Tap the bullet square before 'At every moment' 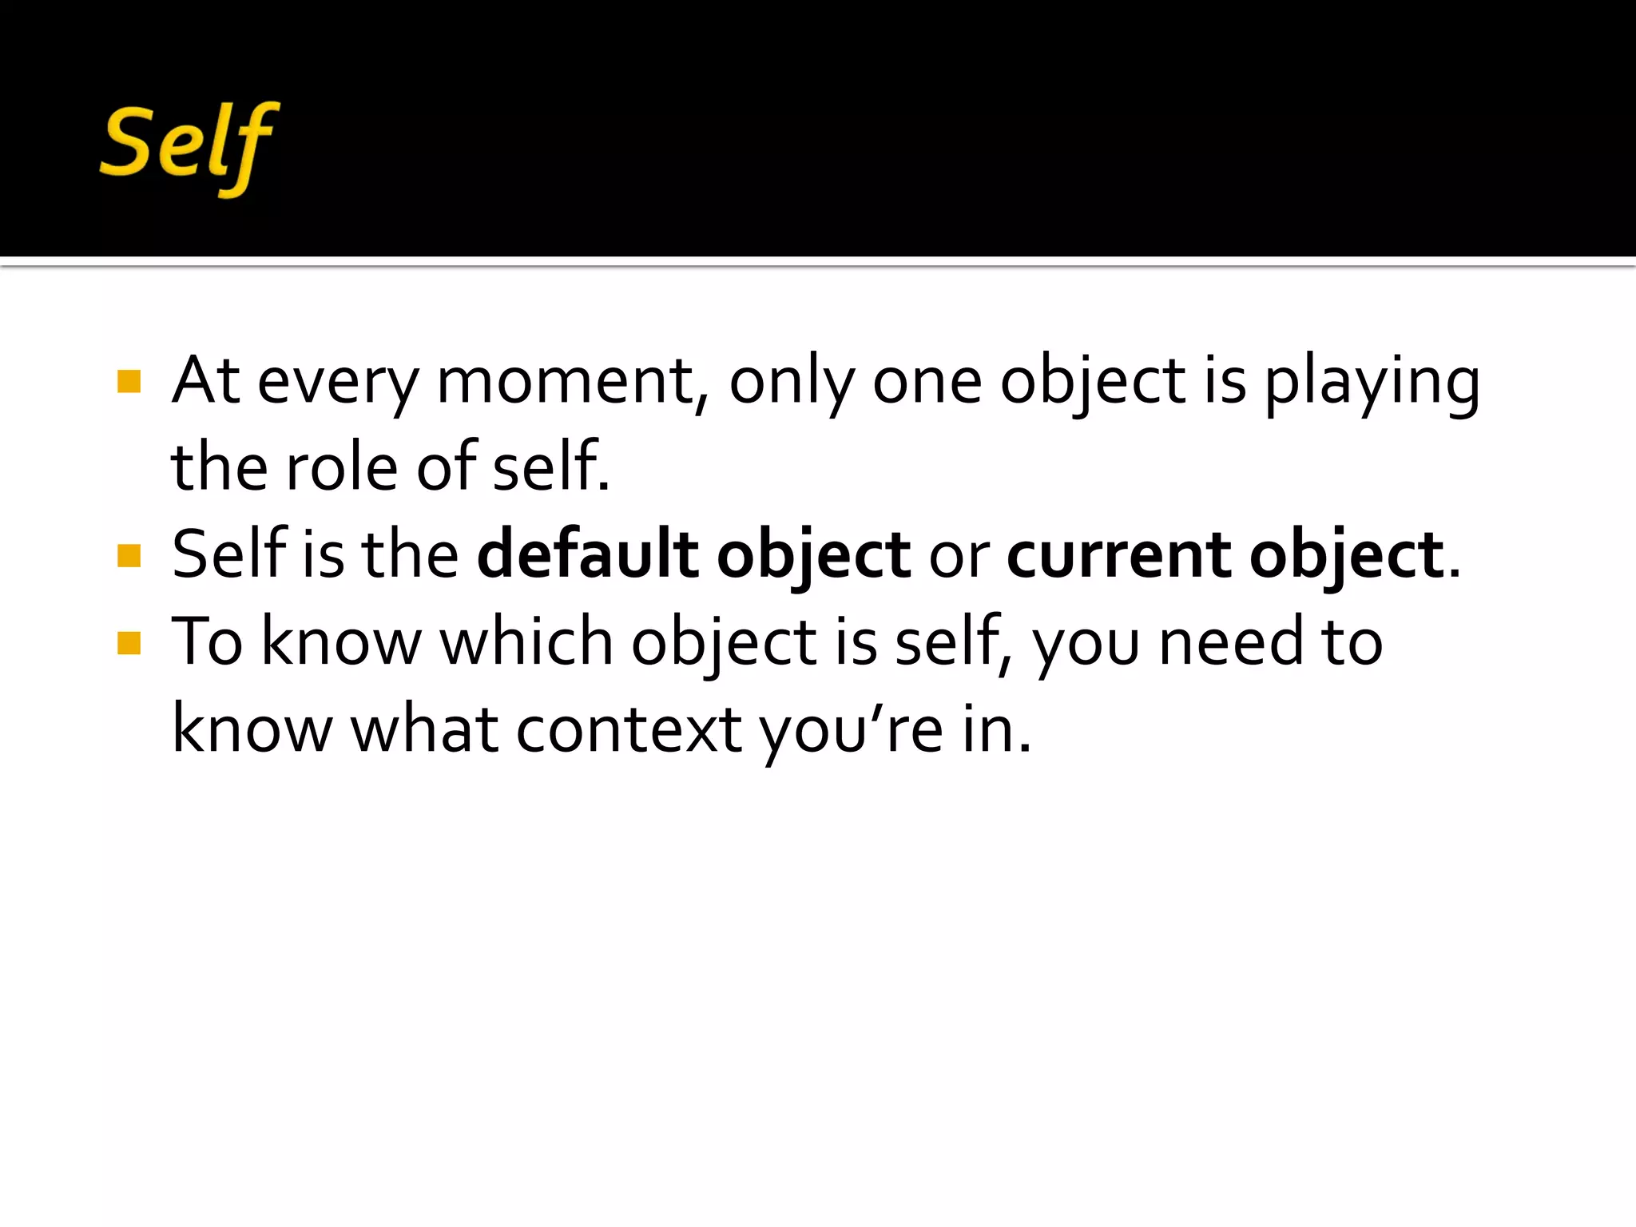tap(129, 381)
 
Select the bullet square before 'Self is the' tap(129, 555)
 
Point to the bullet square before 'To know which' tap(129, 643)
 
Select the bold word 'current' tap(1119, 556)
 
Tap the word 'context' tap(629, 730)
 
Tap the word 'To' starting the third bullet tap(207, 642)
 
